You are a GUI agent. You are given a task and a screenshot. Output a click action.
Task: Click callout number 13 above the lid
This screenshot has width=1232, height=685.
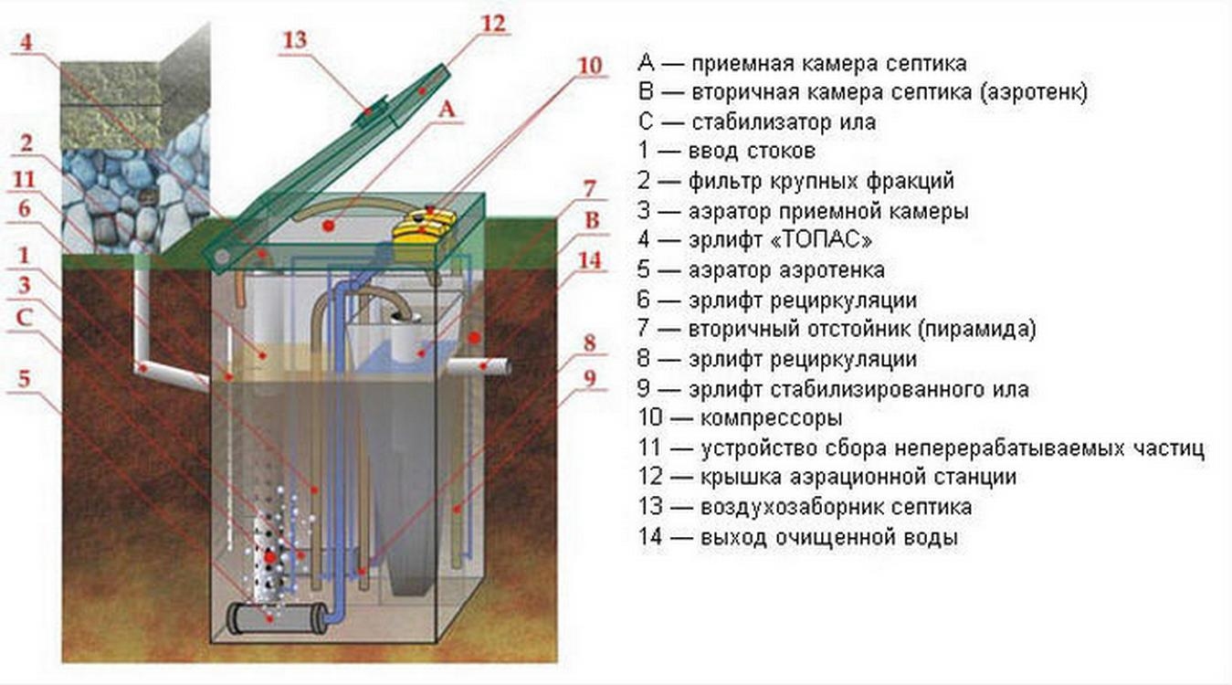(x=294, y=40)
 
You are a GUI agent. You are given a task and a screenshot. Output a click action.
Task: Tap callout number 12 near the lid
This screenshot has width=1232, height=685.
(x=491, y=22)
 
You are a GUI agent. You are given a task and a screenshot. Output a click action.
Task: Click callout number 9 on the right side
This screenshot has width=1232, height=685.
(x=589, y=375)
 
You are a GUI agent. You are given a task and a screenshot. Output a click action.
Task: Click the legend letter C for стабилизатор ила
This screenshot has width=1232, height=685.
(x=647, y=121)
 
